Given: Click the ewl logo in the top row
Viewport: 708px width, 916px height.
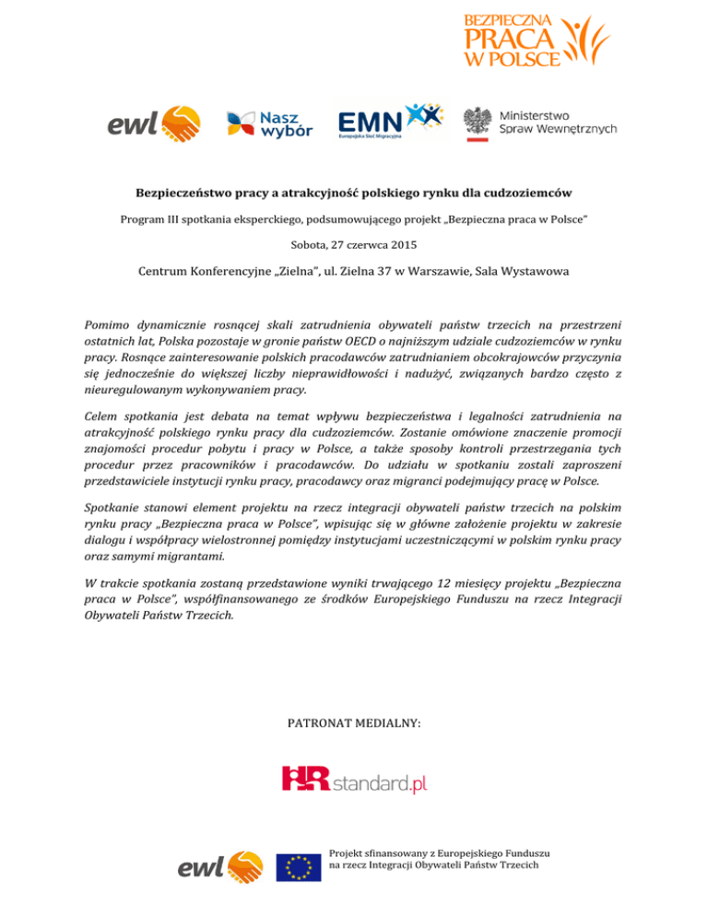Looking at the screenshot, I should pyautogui.click(x=155, y=124).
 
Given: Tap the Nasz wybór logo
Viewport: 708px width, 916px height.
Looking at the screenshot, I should pyautogui.click(x=270, y=124).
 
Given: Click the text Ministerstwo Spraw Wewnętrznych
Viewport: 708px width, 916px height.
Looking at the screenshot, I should pyautogui.click(x=557, y=122).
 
